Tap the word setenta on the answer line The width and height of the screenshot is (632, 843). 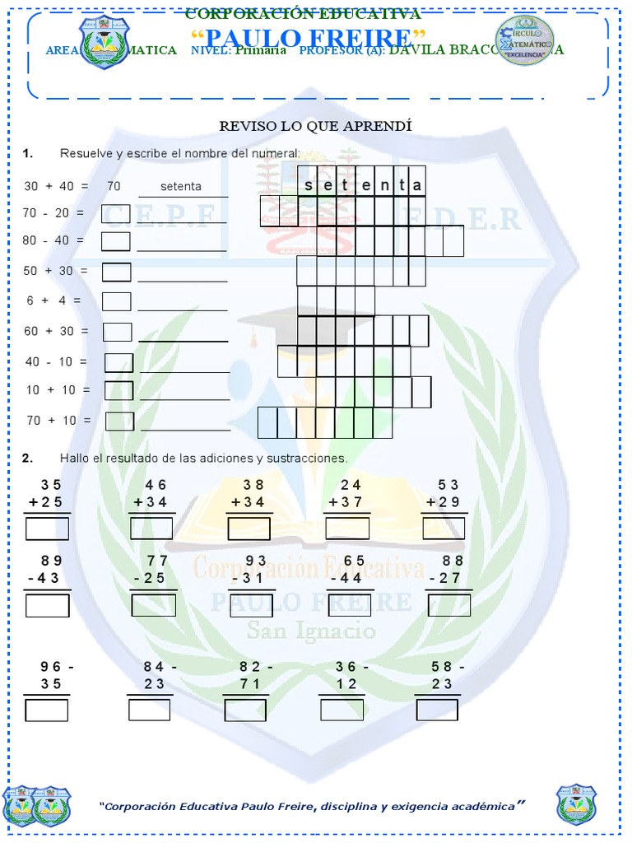pos(181,186)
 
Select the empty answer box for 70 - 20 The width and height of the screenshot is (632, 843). pos(115,214)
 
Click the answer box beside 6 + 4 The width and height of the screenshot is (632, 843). pos(116,301)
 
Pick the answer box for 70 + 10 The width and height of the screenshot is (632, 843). pos(119,421)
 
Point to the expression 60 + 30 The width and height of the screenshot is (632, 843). pos(54,331)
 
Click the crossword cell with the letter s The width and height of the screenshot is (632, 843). pos(308,185)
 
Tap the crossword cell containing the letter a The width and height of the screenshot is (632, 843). pos(417,185)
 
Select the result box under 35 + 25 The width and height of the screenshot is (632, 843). pos(47,529)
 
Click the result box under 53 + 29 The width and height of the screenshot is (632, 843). pos(444,529)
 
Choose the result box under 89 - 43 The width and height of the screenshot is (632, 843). pos(47,605)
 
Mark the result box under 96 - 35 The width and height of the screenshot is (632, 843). pos(46,710)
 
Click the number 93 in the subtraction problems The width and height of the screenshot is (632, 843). pos(256,561)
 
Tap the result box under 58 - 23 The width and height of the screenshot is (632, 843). pos(437,710)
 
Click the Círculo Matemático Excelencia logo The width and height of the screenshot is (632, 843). pos(525,40)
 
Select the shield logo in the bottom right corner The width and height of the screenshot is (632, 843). pos(576,803)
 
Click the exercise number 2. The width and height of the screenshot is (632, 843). pos(27,458)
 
